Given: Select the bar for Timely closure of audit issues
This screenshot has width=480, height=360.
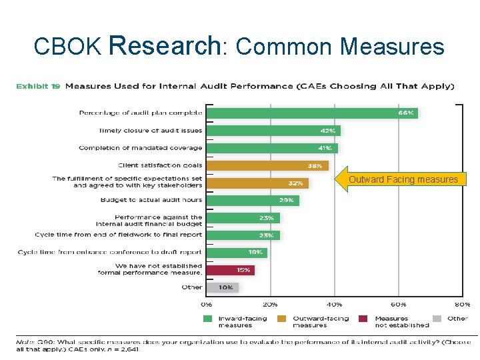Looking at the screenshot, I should coord(273,131).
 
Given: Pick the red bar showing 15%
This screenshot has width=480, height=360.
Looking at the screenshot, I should coord(231,269).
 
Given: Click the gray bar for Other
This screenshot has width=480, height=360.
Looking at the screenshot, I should coord(223,287).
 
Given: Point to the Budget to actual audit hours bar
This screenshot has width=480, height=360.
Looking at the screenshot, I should coord(253,200).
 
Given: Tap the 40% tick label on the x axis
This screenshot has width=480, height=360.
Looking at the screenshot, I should coord(335,304).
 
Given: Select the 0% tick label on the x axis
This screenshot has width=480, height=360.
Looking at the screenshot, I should coord(206,304).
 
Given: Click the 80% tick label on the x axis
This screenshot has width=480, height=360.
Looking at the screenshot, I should coord(463,304).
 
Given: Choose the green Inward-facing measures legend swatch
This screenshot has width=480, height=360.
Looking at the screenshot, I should coord(209,319).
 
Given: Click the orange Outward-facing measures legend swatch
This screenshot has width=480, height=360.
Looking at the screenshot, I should coord(283,319).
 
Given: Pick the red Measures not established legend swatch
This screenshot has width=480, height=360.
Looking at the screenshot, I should coord(364,319).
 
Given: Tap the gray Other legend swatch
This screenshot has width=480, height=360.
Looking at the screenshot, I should coord(437,319).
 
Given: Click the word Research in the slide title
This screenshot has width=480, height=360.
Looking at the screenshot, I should coord(164,45).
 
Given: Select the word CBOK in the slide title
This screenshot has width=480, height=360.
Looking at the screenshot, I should coord(67,47).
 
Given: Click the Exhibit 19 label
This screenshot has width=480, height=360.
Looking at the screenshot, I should coord(37,86).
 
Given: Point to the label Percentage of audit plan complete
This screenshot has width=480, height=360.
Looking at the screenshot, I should coord(141,113).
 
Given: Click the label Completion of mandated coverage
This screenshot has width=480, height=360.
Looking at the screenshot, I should coord(141,148).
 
